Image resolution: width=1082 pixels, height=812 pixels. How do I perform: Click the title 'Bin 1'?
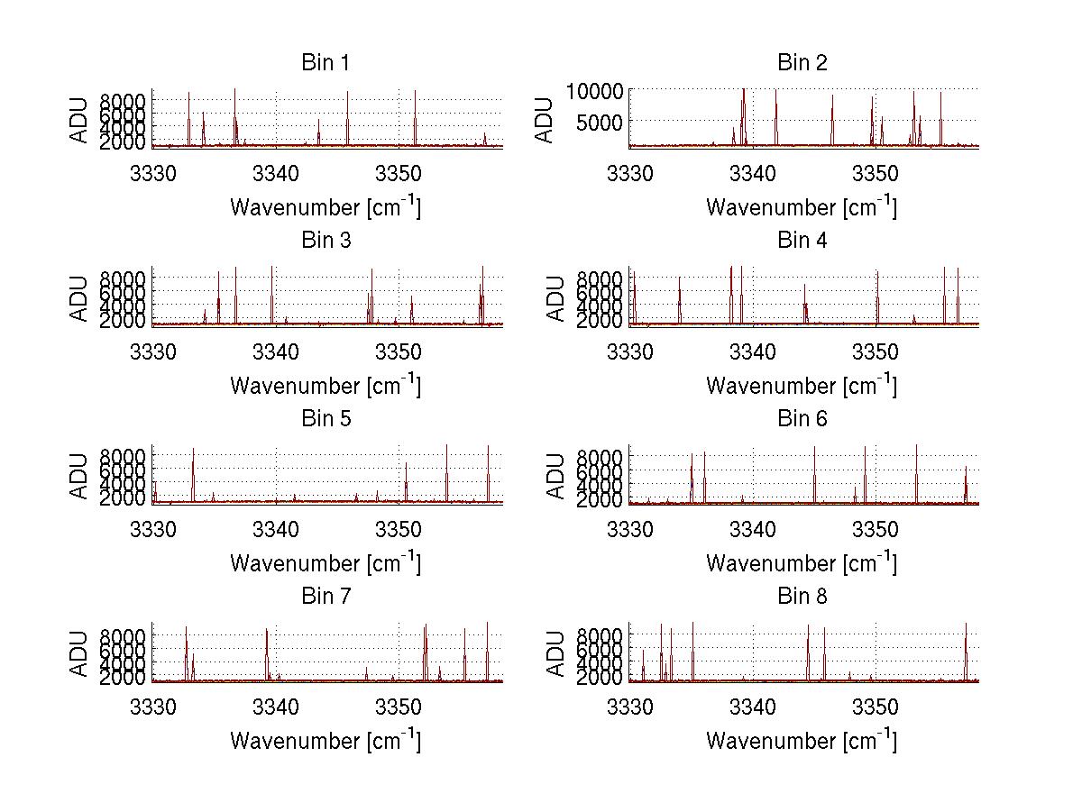[x=325, y=62]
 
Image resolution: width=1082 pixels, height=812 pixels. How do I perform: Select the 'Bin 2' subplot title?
[x=802, y=62]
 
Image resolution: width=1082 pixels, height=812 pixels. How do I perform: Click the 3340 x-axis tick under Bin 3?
[x=276, y=350]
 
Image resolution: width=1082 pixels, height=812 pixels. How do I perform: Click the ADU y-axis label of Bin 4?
[x=556, y=297]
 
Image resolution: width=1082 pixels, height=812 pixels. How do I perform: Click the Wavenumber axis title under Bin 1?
[x=325, y=206]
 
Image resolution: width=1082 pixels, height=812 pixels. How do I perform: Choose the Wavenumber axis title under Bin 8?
[x=802, y=740]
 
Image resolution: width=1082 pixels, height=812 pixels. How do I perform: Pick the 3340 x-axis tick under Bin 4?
[x=753, y=350]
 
